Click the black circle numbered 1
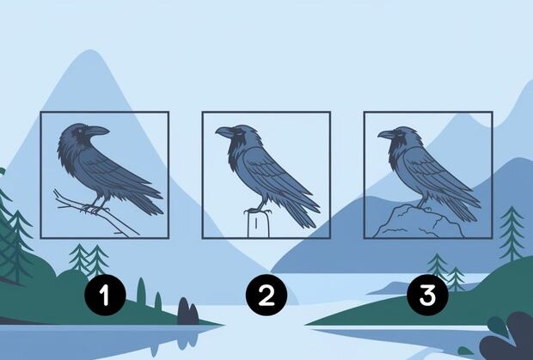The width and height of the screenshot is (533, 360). (105, 295)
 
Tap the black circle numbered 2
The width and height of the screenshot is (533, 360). (266, 295)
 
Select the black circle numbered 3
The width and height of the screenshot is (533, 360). (427, 295)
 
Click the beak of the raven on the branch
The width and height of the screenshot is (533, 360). (98, 131)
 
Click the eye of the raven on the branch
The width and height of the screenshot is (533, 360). (81, 131)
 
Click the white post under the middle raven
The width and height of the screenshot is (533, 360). (259, 224)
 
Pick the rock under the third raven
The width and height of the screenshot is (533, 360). (419, 222)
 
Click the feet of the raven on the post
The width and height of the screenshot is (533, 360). (259, 211)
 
